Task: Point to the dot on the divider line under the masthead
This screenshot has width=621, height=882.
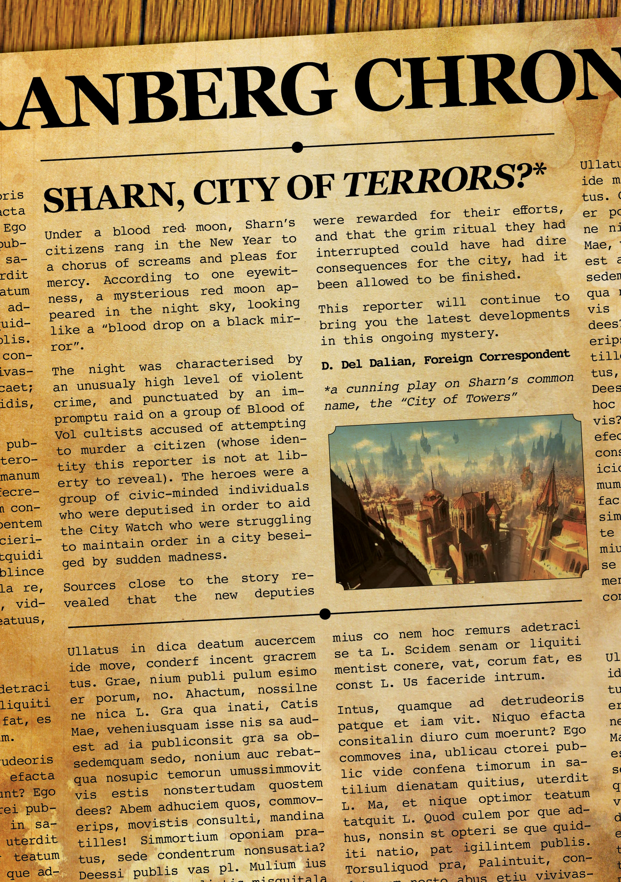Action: (297, 147)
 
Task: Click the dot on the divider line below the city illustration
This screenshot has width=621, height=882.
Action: (325, 614)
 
